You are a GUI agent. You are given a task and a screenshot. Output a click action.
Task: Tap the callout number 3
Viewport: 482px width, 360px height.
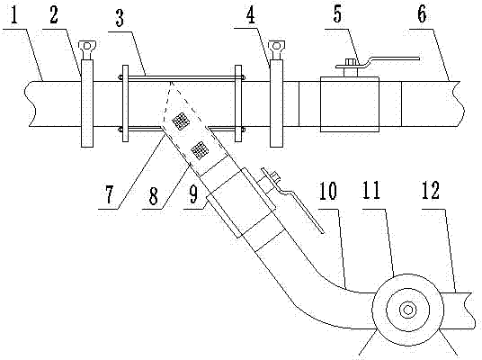click(120, 18)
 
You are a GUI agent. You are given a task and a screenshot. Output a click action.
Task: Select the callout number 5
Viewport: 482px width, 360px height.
click(337, 13)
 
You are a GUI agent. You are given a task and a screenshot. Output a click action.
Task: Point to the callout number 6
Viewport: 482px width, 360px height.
click(422, 13)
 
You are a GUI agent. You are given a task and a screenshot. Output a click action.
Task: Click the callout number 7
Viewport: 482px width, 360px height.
click(110, 195)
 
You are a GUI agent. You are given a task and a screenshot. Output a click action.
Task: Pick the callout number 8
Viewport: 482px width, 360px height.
click(154, 195)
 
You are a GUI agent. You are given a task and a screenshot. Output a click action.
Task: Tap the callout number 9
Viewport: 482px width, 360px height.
click(193, 194)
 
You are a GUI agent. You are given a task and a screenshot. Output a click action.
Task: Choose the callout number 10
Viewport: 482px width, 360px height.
click(328, 191)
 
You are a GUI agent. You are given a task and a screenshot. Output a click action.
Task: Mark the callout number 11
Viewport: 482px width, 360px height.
click(371, 190)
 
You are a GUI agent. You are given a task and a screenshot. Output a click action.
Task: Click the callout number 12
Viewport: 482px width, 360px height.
click(430, 190)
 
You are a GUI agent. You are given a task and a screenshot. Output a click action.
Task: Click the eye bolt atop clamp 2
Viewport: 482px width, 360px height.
click(87, 48)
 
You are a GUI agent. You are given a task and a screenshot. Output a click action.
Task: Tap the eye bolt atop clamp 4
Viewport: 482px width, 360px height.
click(276, 48)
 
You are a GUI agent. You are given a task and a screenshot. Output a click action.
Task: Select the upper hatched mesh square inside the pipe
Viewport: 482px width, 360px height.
click(181, 121)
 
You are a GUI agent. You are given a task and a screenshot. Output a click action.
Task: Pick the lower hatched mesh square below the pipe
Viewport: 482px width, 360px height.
click(200, 150)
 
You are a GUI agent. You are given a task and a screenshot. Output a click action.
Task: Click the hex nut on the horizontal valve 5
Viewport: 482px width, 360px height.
click(351, 61)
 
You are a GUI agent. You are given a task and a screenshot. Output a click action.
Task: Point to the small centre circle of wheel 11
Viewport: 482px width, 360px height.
click(407, 310)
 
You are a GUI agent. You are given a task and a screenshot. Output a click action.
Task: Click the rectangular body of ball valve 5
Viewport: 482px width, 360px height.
click(350, 104)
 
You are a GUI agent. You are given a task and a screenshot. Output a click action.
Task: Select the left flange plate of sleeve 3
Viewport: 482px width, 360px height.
click(125, 103)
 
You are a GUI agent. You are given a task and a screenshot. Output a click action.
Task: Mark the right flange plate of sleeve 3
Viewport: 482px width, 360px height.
click(238, 103)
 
